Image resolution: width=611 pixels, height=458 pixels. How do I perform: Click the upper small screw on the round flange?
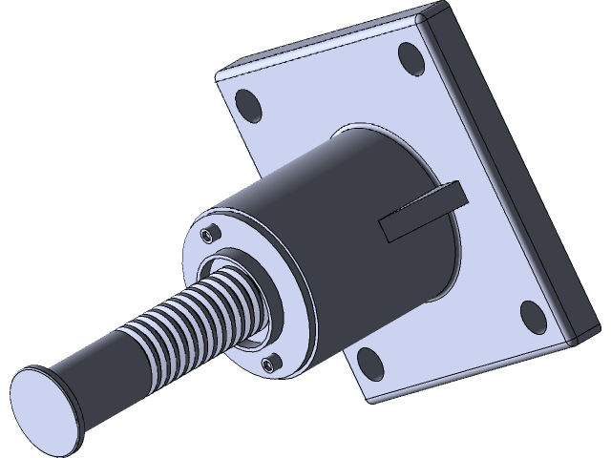pyautogui.click(x=209, y=234)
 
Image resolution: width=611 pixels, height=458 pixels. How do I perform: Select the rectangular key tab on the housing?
pyautogui.click(x=420, y=212)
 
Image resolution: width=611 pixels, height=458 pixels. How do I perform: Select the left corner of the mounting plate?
pyautogui.click(x=219, y=78)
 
